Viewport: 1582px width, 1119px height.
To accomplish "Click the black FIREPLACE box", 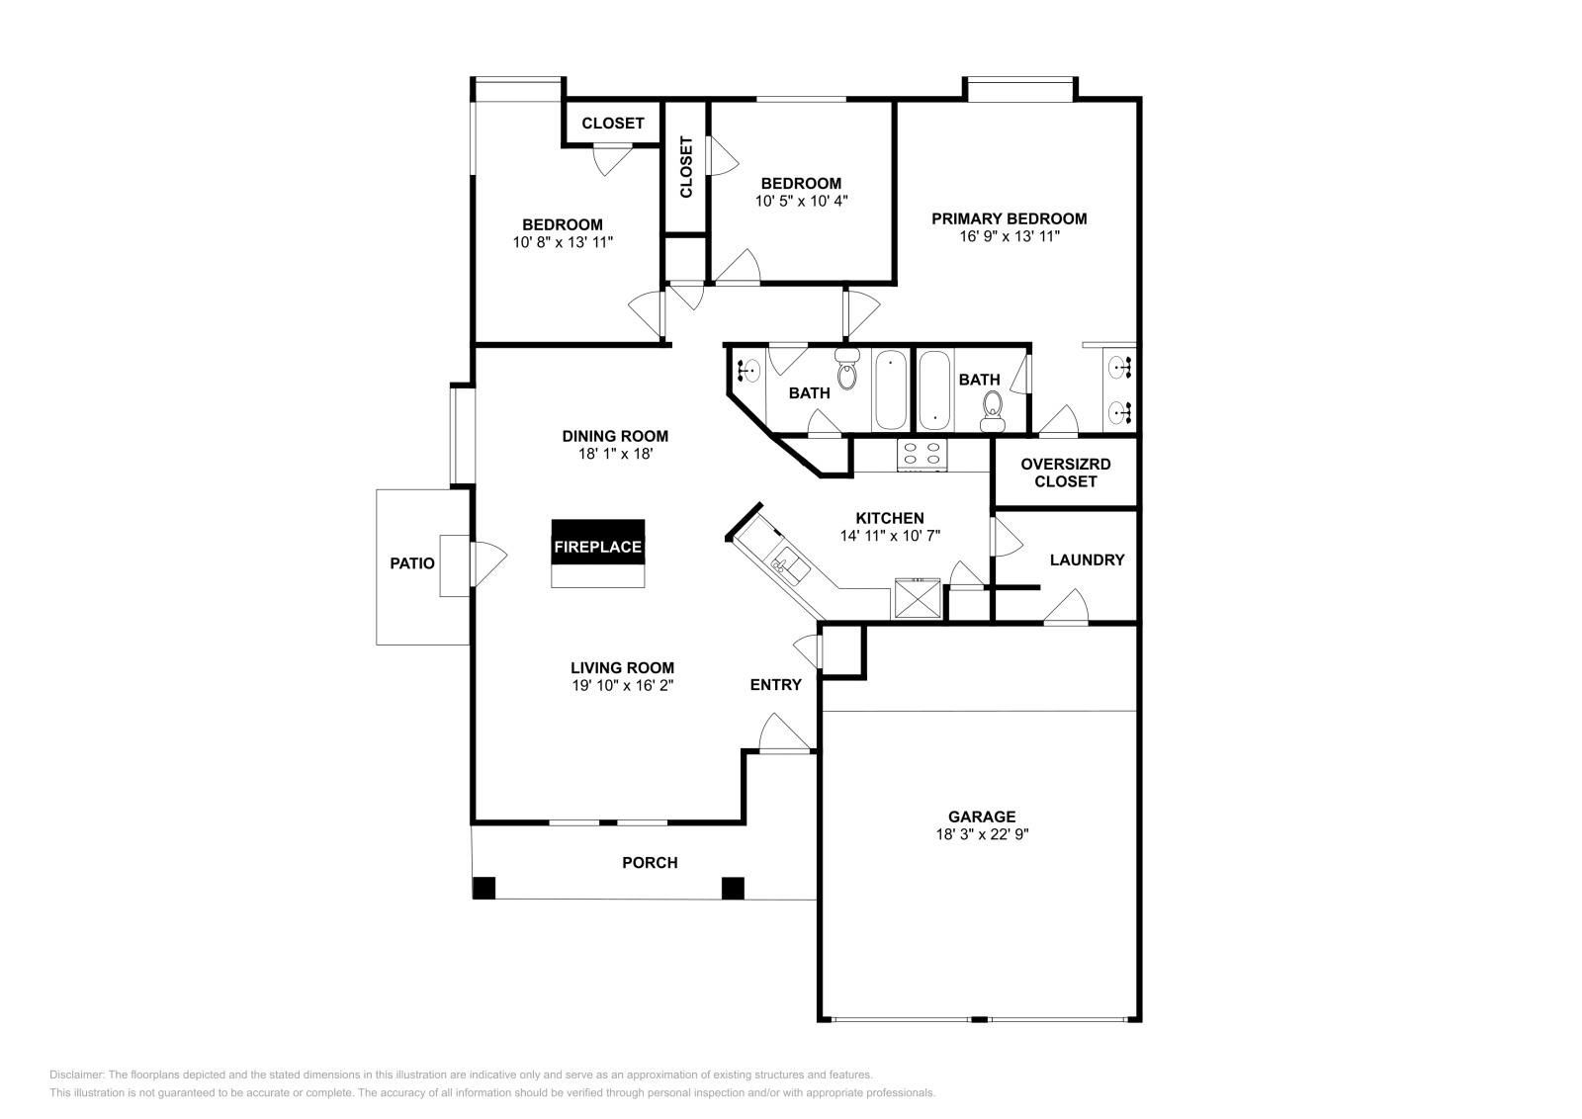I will tap(598, 546).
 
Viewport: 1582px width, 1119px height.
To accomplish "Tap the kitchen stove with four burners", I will tap(922, 454).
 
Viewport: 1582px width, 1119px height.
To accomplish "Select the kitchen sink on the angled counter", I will tap(789, 564).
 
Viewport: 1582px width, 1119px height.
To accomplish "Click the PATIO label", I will tap(412, 563).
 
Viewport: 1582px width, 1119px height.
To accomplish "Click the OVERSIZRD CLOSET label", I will tap(1065, 473).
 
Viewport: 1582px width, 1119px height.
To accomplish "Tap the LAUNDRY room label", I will tap(1087, 559).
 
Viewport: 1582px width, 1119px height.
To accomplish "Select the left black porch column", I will tap(483, 888).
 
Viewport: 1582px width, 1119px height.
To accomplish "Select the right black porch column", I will tap(733, 888).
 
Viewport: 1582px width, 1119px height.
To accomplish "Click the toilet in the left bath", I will tap(847, 373).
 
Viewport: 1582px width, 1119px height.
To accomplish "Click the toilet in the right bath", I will tap(992, 407).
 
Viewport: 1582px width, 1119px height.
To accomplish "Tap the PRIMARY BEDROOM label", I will tap(1009, 218).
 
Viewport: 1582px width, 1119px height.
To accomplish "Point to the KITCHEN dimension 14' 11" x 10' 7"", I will tap(889, 535).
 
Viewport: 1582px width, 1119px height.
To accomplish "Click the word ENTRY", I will tap(775, 684).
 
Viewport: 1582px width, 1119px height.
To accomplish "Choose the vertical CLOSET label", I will tap(686, 166).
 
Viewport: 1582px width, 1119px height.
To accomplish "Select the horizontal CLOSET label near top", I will tap(612, 124).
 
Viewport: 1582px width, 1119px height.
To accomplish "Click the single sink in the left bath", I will tap(749, 371).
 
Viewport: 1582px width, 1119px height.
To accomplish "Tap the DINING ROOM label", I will tap(615, 436).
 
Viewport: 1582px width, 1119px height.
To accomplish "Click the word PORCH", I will tap(650, 862).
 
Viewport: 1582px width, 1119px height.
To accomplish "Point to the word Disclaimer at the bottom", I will tap(76, 1075).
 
